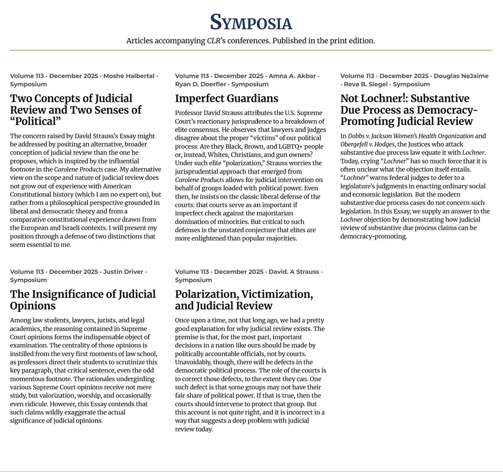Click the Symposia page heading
point(251,22)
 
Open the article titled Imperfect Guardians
point(226,99)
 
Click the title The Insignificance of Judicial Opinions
point(83,300)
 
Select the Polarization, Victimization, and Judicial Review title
point(244,300)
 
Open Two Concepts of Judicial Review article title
point(75,110)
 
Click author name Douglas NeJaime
point(461,76)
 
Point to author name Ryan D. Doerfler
point(201,84)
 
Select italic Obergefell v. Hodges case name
point(368,144)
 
